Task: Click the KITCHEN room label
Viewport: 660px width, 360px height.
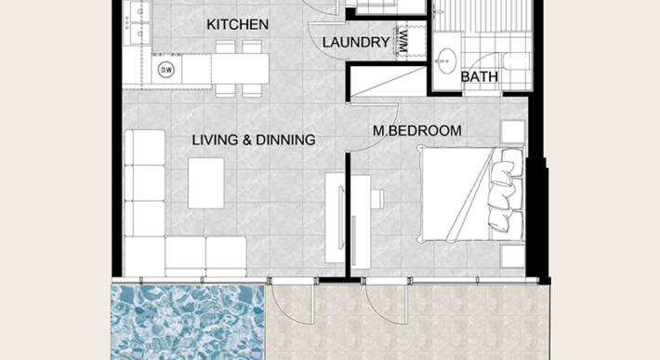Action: click(238, 24)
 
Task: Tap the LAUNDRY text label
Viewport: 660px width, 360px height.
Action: click(355, 43)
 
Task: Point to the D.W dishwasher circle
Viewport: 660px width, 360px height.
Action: click(167, 70)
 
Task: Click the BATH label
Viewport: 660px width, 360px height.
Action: click(479, 78)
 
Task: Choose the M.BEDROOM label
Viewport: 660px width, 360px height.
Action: click(416, 131)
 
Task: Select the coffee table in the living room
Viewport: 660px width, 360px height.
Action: click(206, 182)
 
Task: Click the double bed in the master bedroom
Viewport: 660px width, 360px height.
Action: click(469, 196)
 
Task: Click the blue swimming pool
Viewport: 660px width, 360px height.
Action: click(186, 321)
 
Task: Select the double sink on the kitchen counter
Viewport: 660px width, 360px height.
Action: click(137, 23)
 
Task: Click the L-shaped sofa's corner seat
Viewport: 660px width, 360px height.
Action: click(144, 251)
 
